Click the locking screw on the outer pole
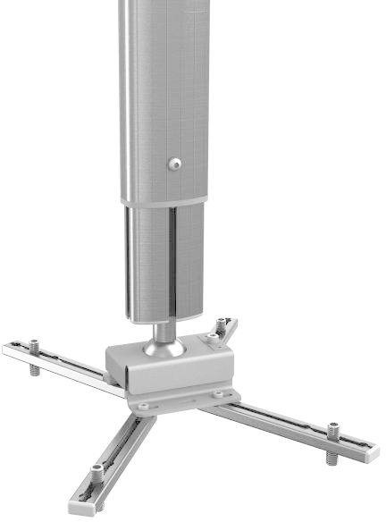coord(175,164)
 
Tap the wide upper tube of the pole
coord(165,89)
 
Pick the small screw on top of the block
coord(213,337)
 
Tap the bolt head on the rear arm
coord(221,321)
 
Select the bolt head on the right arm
coord(332,427)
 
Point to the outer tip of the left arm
coord(7,348)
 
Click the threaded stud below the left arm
coord(35,369)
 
